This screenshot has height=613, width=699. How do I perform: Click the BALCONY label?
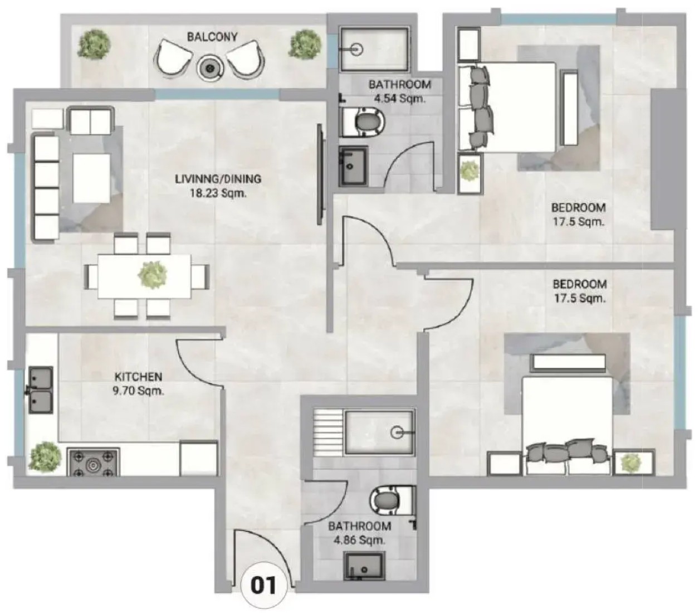[212, 37]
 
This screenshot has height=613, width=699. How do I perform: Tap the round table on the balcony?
[209, 68]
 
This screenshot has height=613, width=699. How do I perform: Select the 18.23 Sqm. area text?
[218, 193]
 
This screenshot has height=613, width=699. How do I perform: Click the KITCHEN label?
[138, 376]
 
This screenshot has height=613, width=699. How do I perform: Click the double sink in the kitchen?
[41, 391]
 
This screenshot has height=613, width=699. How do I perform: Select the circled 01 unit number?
[263, 585]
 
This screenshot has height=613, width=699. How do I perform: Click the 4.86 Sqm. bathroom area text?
[359, 539]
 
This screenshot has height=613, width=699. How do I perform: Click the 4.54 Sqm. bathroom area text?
[399, 99]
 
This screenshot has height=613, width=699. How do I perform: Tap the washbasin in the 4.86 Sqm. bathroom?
[364, 571]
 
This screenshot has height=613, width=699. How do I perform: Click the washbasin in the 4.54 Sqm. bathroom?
[353, 167]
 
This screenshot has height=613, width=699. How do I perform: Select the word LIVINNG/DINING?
[218, 179]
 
